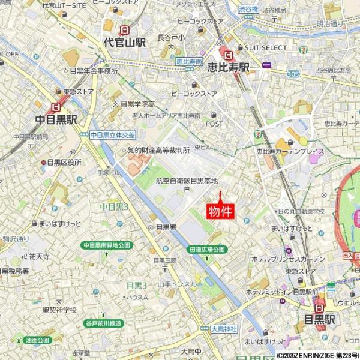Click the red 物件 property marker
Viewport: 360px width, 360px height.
(220, 211)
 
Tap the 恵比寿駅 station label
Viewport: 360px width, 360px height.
(229, 67)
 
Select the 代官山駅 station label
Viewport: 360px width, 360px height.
(125, 43)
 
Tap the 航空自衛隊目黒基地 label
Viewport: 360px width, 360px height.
(186, 180)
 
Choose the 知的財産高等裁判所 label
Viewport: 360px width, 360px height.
(158, 150)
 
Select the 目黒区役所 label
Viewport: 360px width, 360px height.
(64, 162)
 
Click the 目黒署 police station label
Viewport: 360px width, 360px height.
(166, 227)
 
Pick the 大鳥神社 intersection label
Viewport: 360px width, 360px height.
(224, 329)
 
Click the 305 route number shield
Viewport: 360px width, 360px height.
(293, 74)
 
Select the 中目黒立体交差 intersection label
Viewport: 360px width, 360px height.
(113, 135)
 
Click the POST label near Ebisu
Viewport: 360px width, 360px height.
(214, 124)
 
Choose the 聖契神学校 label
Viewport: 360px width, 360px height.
(59, 310)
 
